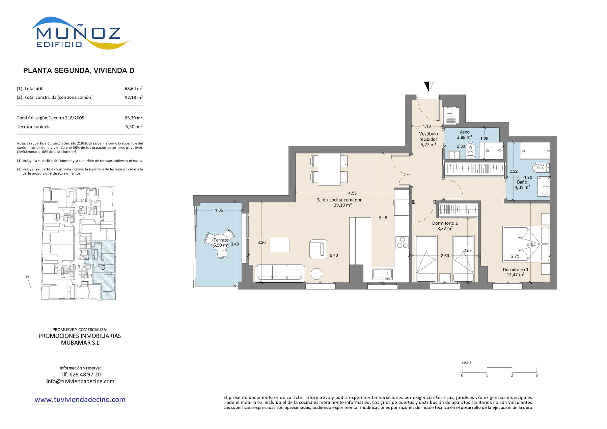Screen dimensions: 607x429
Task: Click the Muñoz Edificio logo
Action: click(x=81, y=33)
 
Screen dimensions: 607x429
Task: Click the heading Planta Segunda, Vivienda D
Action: click(x=79, y=70)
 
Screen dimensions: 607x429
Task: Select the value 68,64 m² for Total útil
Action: click(x=134, y=89)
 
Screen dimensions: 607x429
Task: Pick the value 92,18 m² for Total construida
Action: click(x=134, y=97)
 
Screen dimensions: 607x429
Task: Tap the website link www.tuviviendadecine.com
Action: click(x=80, y=400)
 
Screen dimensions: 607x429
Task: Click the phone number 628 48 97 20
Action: click(x=85, y=374)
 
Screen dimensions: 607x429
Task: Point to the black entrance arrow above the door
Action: click(x=429, y=86)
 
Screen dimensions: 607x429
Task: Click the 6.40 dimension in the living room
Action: click(x=334, y=255)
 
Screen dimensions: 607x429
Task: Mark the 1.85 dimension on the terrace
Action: click(x=219, y=210)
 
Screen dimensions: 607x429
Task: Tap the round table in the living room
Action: click(x=316, y=274)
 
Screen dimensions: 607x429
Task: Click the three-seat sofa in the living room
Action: click(x=280, y=273)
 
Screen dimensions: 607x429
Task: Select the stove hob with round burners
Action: click(x=402, y=242)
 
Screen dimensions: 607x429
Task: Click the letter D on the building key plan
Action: click(x=104, y=267)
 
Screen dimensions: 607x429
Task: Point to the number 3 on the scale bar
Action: click(x=536, y=375)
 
